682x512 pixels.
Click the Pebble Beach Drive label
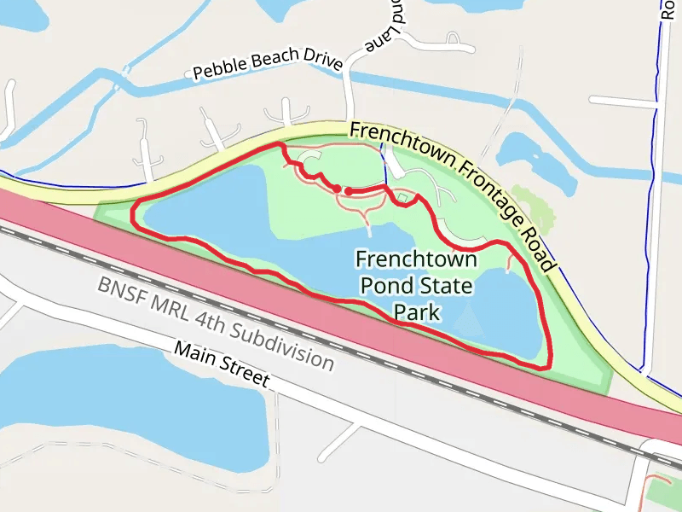click(x=268, y=64)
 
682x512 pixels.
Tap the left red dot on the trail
click(x=337, y=188)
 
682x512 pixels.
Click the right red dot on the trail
click(x=350, y=191)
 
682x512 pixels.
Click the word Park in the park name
click(x=417, y=311)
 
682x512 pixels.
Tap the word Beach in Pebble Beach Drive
click(x=275, y=61)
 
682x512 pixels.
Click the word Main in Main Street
click(x=194, y=353)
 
